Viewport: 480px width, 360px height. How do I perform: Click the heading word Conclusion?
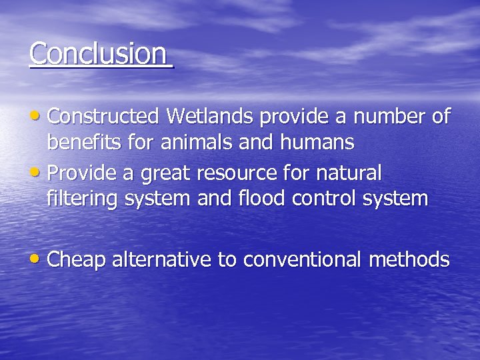(98, 53)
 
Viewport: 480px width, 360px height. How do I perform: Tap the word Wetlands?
(210, 117)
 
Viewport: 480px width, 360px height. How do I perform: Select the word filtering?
(81, 199)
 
